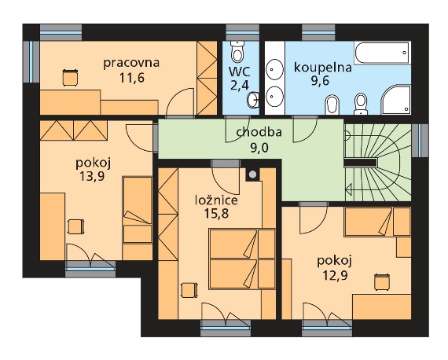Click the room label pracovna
tap(131, 63)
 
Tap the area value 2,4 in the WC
tap(240, 85)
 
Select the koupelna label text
tap(323, 68)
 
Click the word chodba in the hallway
tap(259, 132)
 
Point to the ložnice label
tap(216, 200)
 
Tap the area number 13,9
tap(92, 176)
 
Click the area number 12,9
tap(335, 275)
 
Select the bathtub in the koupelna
tap(382, 53)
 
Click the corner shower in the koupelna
tap(395, 100)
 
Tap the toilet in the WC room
tap(237, 51)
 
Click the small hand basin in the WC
tap(253, 100)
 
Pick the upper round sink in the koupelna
tap(274, 69)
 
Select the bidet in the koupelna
tap(332, 105)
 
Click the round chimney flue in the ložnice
tap(252, 174)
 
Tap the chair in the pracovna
tap(70, 78)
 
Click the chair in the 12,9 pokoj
tap(382, 282)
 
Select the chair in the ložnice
tap(189, 290)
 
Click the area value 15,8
tap(216, 213)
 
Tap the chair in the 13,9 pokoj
tap(76, 226)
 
